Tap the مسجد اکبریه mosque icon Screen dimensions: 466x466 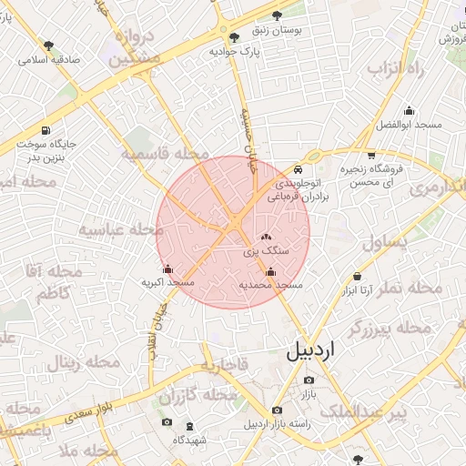coord(167,268)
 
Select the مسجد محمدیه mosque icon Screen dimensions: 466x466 coord(270,270)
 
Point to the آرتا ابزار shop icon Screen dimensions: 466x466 coord(358,276)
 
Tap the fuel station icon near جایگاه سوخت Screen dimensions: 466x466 coord(46,130)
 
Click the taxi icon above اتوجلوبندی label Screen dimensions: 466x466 coord(299,170)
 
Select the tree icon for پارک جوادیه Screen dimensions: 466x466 coord(235,37)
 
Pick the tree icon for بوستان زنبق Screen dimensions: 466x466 coord(277,14)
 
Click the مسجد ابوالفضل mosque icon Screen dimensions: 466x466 coord(409,110)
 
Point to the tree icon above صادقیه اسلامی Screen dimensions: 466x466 coord(48,45)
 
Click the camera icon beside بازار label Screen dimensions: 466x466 coord(309,380)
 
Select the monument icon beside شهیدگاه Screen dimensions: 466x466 coord(188,426)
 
